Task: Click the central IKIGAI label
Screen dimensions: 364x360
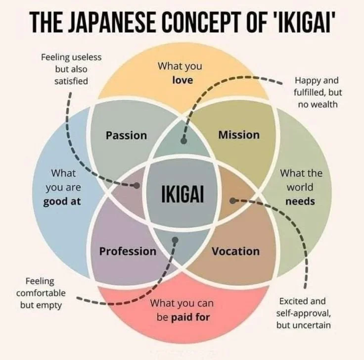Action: tap(182, 193)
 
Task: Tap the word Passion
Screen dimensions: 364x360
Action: tap(126, 135)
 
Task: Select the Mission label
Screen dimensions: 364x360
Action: tap(238, 135)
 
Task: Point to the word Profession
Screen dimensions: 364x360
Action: tap(128, 251)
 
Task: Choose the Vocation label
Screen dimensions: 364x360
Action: tap(235, 251)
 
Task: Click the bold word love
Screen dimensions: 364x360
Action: tap(182, 79)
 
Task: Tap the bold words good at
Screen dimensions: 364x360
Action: tap(62, 202)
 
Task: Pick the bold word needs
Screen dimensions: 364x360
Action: tap(300, 202)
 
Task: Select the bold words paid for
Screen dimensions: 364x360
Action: tap(190, 317)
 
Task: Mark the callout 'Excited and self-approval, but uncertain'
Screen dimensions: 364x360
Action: tap(304, 313)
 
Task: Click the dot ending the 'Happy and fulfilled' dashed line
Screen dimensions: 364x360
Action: tap(183, 141)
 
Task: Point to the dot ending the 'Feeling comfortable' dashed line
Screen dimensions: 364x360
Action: tap(175, 241)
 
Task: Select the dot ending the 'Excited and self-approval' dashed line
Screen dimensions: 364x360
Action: tap(232, 200)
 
